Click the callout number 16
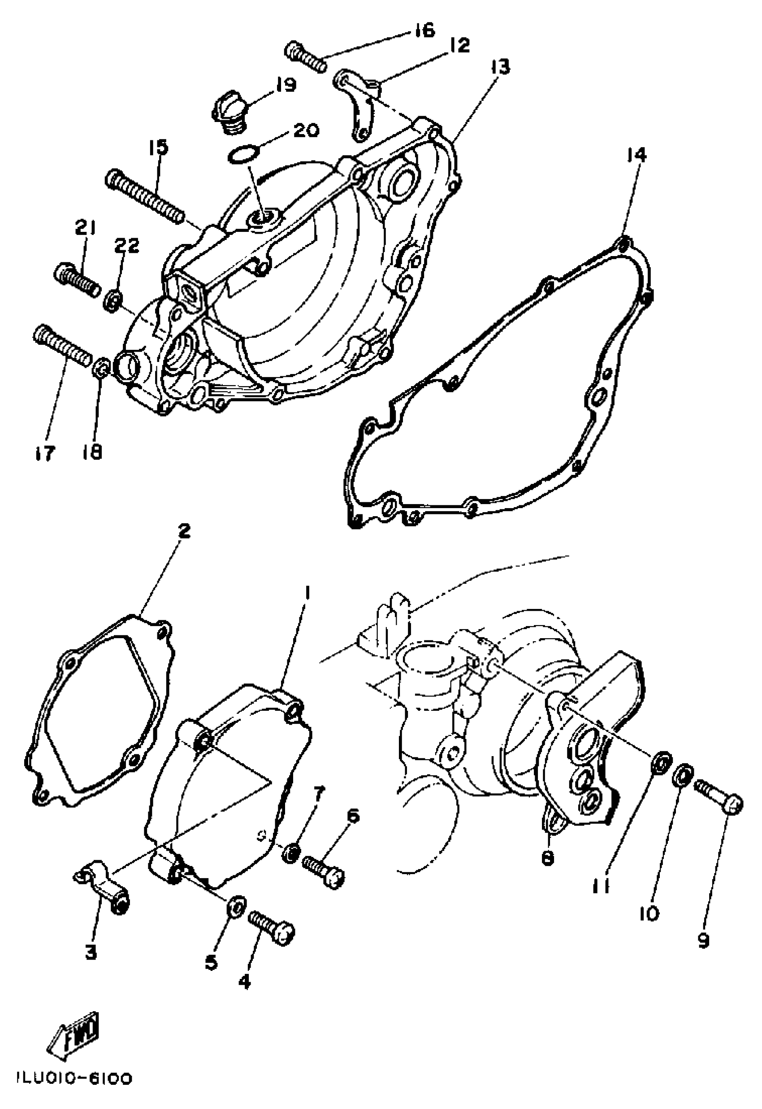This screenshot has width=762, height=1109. point(423,30)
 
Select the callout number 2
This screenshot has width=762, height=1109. point(184,531)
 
